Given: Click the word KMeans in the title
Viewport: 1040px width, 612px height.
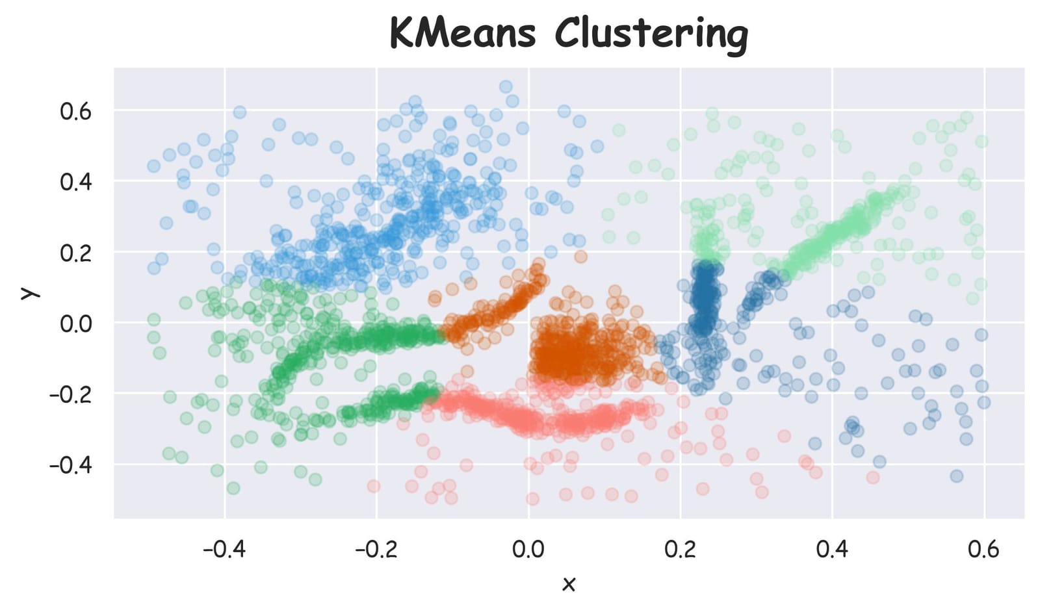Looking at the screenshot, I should [x=463, y=33].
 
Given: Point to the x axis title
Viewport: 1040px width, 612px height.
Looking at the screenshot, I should [x=569, y=583].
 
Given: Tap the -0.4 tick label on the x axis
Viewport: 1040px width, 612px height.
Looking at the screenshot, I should [x=224, y=550].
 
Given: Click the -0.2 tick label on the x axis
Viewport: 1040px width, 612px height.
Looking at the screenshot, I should [x=376, y=550].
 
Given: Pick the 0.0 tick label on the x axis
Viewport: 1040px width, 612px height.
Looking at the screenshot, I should [x=528, y=550].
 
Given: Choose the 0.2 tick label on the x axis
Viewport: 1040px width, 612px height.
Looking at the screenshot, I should [x=681, y=550].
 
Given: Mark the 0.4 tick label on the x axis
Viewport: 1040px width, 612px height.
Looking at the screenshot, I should [x=832, y=550].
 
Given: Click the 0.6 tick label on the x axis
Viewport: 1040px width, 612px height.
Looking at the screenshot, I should [x=983, y=550].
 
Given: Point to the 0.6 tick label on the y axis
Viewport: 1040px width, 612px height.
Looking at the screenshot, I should [x=76, y=111].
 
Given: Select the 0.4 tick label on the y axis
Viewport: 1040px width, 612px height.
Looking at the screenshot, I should [x=76, y=181].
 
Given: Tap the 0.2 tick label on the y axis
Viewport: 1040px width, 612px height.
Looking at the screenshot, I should [x=76, y=252].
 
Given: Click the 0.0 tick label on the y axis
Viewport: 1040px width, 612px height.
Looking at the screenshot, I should [x=76, y=323].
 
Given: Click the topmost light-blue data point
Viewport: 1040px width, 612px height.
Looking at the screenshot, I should [x=506, y=86].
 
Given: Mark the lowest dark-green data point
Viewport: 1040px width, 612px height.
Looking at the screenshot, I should [x=233, y=488].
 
